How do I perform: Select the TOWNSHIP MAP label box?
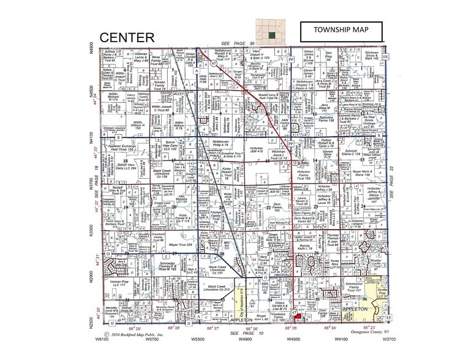click(x=341, y=31)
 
